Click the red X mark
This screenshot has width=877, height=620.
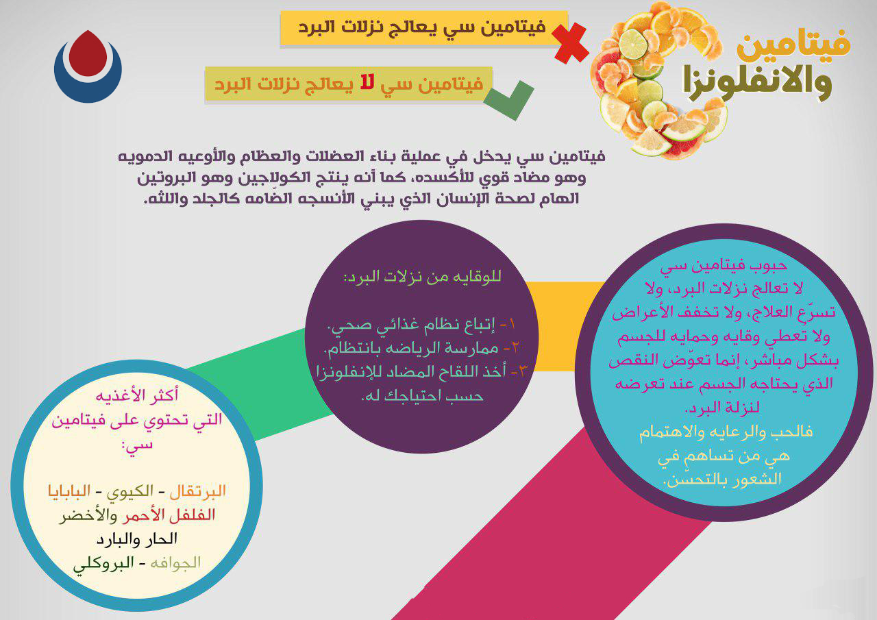(571, 42)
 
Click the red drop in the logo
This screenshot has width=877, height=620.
(88, 53)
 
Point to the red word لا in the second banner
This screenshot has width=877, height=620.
(368, 83)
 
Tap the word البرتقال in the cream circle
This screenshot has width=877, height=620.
(198, 491)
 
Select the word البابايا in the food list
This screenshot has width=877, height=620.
(69, 491)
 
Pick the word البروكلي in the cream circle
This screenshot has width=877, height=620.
(103, 564)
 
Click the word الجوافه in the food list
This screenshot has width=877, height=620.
(175, 563)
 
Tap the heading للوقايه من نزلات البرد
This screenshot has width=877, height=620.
(423, 277)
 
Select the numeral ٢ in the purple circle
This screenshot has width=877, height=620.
(515, 347)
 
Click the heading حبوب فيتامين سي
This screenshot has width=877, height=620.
(724, 265)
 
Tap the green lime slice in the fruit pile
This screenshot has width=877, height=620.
(634, 45)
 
